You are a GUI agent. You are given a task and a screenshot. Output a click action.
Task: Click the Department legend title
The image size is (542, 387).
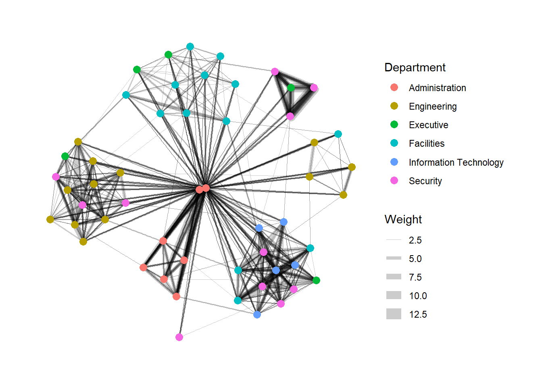(x=415, y=67)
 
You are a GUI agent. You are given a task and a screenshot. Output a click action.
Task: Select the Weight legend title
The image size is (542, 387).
(x=403, y=219)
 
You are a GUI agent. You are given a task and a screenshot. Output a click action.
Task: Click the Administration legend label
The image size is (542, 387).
(x=437, y=88)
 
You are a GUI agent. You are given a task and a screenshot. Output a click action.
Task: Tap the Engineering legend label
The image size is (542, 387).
(x=433, y=106)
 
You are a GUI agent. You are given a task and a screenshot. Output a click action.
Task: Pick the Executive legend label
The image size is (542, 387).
(x=428, y=125)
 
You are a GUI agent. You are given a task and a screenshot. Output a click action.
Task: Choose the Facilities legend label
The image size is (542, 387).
(x=426, y=144)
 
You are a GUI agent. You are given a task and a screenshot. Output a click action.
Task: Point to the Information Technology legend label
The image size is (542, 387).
(x=456, y=162)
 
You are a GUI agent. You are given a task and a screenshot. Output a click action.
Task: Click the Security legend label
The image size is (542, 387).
(x=425, y=181)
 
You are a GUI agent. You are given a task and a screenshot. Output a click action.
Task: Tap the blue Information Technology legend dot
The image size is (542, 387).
(x=394, y=162)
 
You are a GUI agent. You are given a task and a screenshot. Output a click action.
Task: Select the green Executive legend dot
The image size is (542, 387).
(x=394, y=125)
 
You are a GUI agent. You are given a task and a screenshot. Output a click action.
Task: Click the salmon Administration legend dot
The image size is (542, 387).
(x=394, y=87)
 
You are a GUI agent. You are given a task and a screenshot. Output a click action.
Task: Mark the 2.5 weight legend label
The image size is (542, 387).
(x=415, y=240)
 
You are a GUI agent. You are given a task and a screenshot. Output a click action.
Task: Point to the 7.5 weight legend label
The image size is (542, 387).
(x=415, y=277)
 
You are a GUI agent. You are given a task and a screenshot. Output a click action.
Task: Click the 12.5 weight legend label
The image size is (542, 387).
(x=418, y=314)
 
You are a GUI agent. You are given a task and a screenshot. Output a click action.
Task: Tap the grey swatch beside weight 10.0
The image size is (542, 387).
(x=394, y=295)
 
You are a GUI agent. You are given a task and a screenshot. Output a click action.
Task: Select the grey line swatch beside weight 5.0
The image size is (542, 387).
(x=394, y=258)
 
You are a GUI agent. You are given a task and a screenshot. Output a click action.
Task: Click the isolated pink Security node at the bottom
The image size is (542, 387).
(x=179, y=337)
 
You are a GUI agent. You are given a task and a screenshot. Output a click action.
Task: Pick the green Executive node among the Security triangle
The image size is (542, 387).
(x=291, y=87)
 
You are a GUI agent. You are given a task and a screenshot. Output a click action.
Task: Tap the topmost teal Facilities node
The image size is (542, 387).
(x=190, y=47)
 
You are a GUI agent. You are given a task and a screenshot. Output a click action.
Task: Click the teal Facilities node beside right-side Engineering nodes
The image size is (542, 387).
(x=338, y=134)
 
